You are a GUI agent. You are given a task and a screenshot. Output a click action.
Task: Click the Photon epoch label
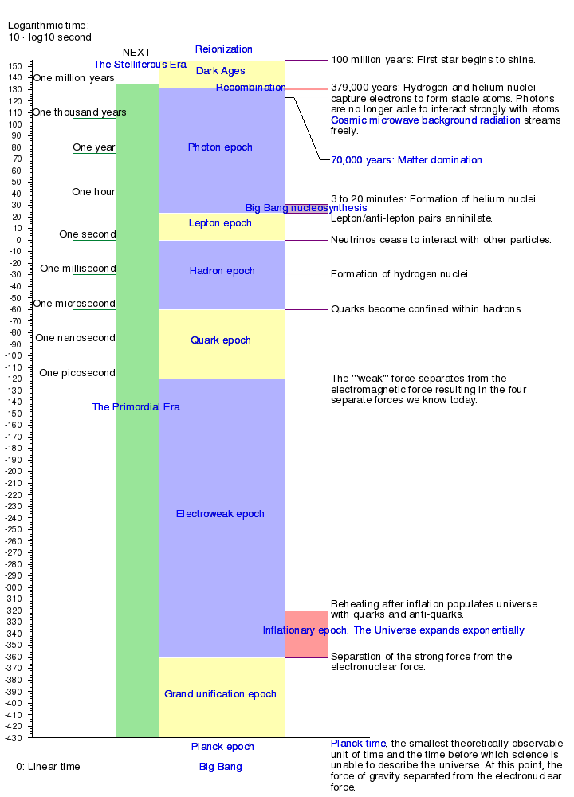point(220,147)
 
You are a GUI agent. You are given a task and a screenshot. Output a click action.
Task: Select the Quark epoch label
point(221,340)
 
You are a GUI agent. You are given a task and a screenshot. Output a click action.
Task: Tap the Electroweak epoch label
point(220,514)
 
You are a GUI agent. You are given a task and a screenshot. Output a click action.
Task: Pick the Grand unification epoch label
point(221,694)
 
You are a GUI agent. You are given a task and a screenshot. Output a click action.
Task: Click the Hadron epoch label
point(222,271)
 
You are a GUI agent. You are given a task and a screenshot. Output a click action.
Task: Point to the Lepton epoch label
point(220,223)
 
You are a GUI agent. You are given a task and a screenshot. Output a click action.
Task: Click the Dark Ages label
point(221,71)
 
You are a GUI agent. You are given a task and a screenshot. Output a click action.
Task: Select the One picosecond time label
point(77,373)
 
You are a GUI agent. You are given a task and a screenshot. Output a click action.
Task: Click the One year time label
point(94,147)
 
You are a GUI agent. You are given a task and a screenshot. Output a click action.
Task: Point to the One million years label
point(74,78)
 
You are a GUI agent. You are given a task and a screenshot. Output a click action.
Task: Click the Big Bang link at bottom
point(221,767)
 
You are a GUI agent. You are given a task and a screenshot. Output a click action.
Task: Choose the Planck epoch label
point(222,747)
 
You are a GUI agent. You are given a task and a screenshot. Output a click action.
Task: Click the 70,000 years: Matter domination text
point(407,160)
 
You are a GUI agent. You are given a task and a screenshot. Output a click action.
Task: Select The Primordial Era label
point(136,407)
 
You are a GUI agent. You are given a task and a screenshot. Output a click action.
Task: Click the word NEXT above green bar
point(137,53)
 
